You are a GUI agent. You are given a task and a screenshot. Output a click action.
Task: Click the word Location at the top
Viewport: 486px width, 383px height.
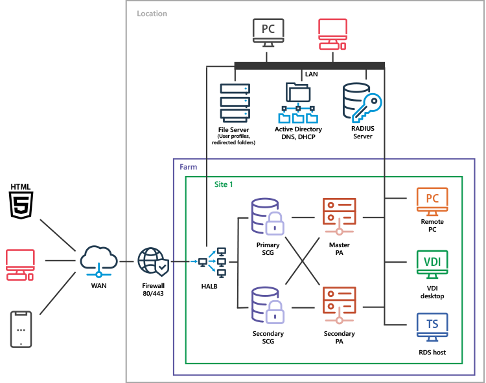click(x=152, y=14)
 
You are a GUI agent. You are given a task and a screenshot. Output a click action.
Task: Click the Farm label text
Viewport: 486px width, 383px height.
click(x=188, y=167)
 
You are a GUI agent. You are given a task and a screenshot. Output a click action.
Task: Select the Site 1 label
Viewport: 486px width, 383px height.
click(x=224, y=184)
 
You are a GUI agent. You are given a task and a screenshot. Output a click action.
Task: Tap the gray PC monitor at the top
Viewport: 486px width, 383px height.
click(x=267, y=33)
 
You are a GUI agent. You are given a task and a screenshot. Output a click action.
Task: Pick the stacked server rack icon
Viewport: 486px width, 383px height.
click(x=235, y=102)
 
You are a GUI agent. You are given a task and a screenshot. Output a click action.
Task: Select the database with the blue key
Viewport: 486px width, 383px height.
click(x=362, y=102)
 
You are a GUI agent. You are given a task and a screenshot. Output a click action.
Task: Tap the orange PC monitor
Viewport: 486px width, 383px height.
click(x=432, y=202)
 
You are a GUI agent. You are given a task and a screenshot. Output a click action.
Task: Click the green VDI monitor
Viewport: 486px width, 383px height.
click(x=432, y=264)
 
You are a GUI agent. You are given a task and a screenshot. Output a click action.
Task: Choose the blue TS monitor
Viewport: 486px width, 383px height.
click(x=432, y=326)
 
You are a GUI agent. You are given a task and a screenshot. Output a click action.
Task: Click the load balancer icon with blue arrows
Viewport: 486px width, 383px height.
click(x=213, y=262)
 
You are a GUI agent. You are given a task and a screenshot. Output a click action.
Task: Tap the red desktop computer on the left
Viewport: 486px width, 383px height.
click(x=20, y=265)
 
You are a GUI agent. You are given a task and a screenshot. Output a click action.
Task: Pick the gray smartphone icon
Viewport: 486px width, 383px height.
click(x=21, y=329)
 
